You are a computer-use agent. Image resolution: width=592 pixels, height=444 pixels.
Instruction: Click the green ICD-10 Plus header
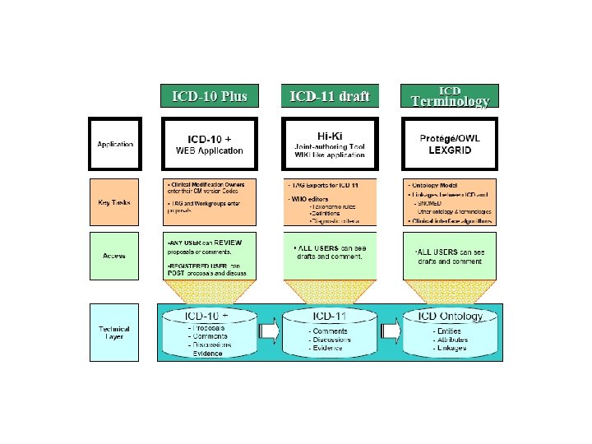(x=209, y=95)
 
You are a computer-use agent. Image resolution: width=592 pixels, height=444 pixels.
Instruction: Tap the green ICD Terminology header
(x=450, y=95)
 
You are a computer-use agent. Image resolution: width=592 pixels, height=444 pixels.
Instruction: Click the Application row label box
(x=115, y=145)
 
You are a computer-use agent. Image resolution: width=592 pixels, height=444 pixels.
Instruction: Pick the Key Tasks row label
(x=115, y=202)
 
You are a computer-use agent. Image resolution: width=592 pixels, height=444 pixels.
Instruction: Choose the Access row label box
(x=115, y=256)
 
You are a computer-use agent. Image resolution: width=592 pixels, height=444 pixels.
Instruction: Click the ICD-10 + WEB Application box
(x=209, y=145)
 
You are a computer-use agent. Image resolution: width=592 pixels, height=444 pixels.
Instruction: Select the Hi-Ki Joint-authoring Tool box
(x=330, y=145)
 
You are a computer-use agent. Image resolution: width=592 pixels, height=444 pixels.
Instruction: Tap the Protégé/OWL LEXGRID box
(x=450, y=145)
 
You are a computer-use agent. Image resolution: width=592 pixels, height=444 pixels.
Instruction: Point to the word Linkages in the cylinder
(x=451, y=348)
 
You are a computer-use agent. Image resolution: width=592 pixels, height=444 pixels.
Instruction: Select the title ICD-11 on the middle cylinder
(x=330, y=316)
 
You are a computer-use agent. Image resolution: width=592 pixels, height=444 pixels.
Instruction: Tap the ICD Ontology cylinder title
(x=450, y=316)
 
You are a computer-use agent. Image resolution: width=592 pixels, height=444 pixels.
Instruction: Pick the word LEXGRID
(x=450, y=150)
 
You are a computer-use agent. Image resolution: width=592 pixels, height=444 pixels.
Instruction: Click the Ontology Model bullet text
(x=436, y=185)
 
